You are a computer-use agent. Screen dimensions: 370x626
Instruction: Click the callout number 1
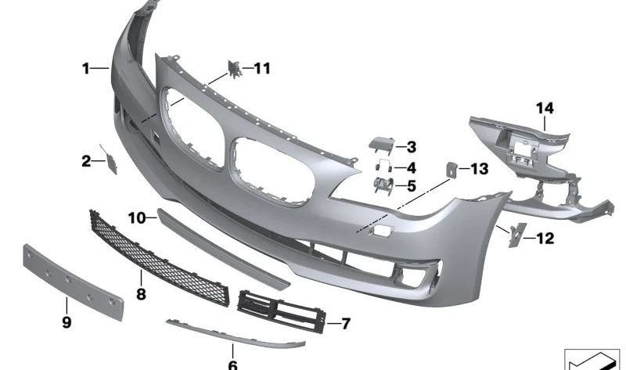(x=86, y=69)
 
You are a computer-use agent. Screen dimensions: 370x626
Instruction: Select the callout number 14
(x=545, y=106)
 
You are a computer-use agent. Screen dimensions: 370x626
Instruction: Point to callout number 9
(x=67, y=322)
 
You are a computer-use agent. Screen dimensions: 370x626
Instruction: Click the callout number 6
(x=232, y=364)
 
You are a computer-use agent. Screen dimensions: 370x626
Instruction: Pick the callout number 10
(x=137, y=217)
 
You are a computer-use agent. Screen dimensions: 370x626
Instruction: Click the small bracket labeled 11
(x=234, y=69)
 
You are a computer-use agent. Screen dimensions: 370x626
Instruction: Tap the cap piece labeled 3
(x=380, y=144)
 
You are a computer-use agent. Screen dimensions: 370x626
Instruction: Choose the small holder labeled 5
(x=381, y=185)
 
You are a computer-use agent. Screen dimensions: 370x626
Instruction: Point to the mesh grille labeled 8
(x=156, y=249)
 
